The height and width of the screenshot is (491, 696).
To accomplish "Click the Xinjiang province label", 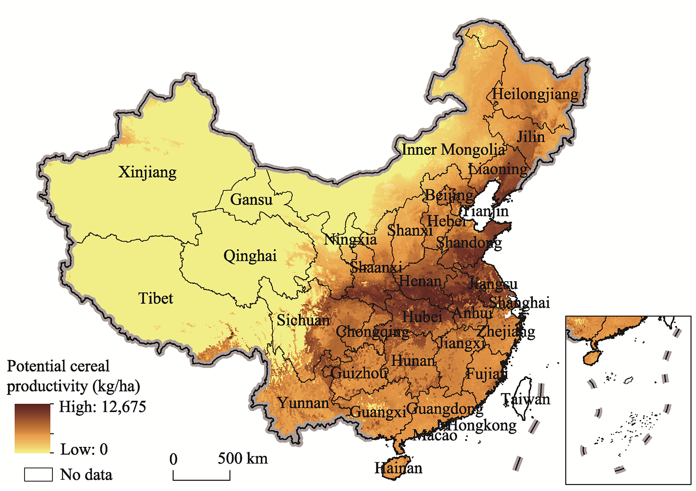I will [147, 172].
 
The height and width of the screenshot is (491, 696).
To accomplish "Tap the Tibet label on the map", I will [155, 298].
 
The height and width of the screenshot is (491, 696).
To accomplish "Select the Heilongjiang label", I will [535, 94].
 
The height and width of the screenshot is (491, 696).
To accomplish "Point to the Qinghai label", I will [250, 256].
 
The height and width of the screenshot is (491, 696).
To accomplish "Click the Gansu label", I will [251, 200].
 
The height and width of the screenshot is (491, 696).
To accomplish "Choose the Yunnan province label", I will [303, 403].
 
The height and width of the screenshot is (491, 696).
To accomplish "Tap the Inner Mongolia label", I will [453, 149].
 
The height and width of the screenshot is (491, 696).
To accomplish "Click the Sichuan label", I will [303, 320].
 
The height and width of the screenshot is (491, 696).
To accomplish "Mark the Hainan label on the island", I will [398, 468].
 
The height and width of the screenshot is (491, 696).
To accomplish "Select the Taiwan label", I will [525, 399].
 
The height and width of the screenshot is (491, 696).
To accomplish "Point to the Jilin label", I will [531, 137].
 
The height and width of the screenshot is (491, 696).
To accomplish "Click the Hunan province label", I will [413, 361].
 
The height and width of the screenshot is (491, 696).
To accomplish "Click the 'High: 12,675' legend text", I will [102, 407].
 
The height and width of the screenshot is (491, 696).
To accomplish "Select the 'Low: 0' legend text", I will [84, 449].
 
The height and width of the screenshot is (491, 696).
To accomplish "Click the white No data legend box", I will [38, 474].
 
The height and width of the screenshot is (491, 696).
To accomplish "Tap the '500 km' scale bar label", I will [243, 459].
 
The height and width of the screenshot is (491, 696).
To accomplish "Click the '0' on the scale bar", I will [173, 459].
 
